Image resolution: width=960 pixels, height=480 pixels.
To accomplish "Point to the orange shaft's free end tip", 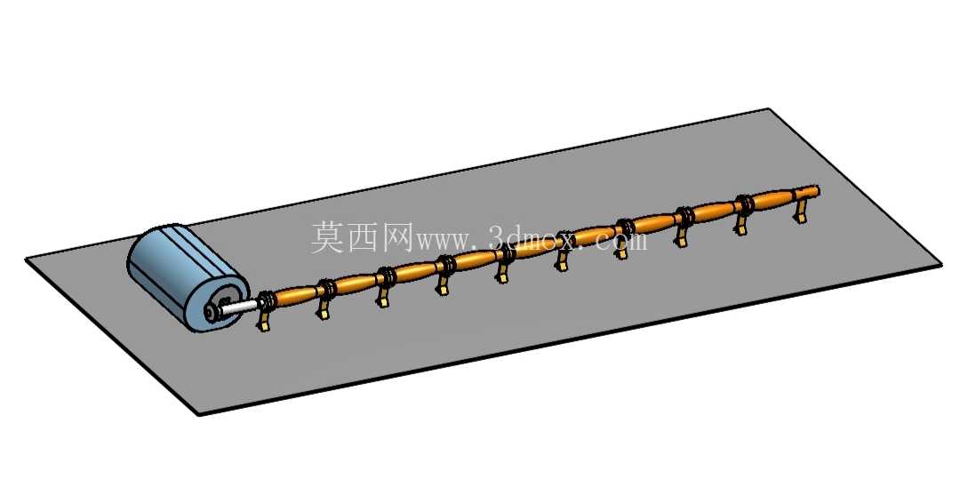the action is click(x=818, y=190).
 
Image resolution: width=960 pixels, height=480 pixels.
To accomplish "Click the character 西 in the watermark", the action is click(x=365, y=237).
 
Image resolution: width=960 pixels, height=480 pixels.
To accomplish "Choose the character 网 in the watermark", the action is click(x=400, y=237).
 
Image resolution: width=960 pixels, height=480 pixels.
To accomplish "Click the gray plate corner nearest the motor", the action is click(x=26, y=260).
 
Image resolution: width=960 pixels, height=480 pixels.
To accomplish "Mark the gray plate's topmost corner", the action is click(x=768, y=109).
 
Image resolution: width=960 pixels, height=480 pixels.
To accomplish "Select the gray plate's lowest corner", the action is click(x=200, y=415).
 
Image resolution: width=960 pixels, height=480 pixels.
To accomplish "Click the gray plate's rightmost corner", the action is click(x=941, y=265).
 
